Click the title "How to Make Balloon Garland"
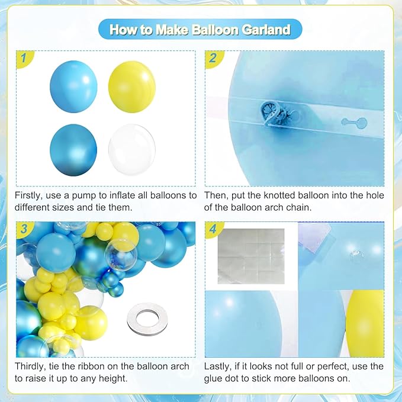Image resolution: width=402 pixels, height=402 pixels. coord(201,29)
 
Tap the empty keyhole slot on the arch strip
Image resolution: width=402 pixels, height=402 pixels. coord(354,123)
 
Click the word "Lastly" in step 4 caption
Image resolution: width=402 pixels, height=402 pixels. coord(220,366)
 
